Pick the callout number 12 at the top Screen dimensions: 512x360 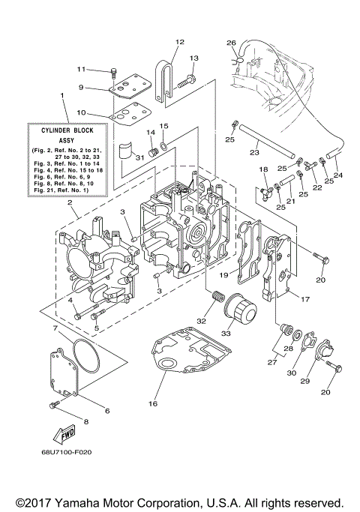(179, 41)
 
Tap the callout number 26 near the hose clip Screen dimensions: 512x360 (231, 42)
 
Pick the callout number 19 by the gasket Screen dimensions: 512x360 (222, 274)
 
